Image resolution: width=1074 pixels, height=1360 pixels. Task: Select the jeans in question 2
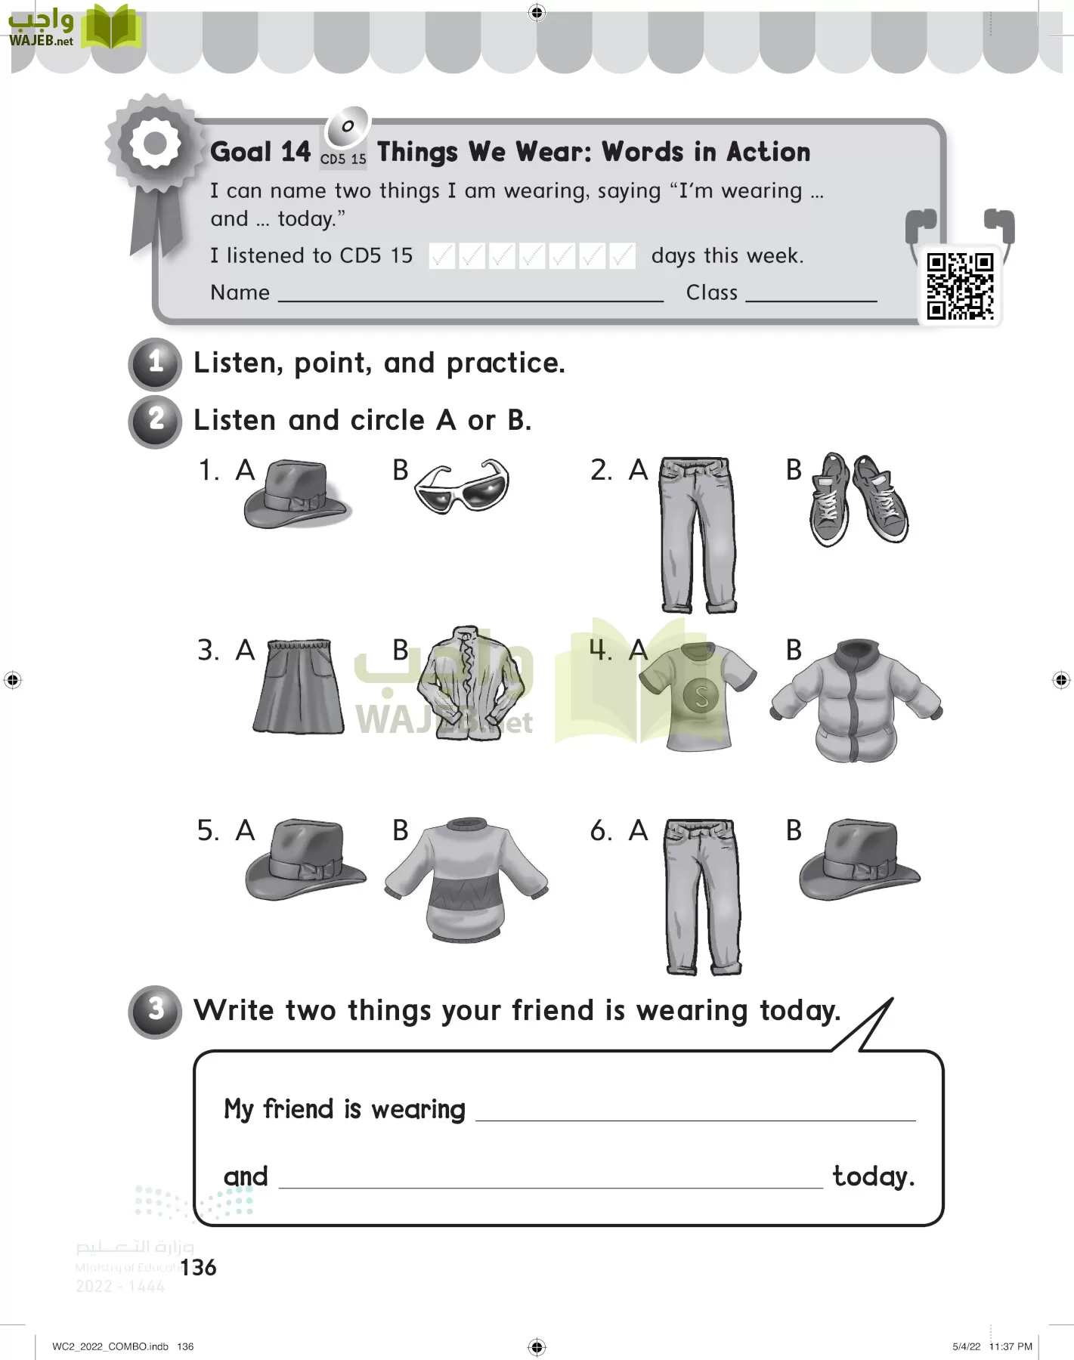coord(697,533)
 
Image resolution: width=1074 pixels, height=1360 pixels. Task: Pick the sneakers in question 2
coord(859,499)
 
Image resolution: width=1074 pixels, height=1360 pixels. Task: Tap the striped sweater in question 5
coord(466,878)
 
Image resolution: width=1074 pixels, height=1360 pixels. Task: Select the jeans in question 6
coord(701,896)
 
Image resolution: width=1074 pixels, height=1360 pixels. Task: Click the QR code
coord(960,286)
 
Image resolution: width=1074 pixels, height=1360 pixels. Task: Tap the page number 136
coord(199,1267)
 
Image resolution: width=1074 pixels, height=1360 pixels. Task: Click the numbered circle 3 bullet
coord(156,1011)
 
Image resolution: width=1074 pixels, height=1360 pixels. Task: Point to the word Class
coord(711,292)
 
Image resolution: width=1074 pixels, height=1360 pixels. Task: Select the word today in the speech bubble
coord(872,1176)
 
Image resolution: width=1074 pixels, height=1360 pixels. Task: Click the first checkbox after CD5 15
coord(441,256)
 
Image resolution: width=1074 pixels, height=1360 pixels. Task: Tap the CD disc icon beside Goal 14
coord(346,126)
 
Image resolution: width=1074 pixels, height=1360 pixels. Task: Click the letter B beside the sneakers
coord(794,470)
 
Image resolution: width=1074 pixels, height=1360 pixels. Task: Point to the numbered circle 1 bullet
coord(156,363)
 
